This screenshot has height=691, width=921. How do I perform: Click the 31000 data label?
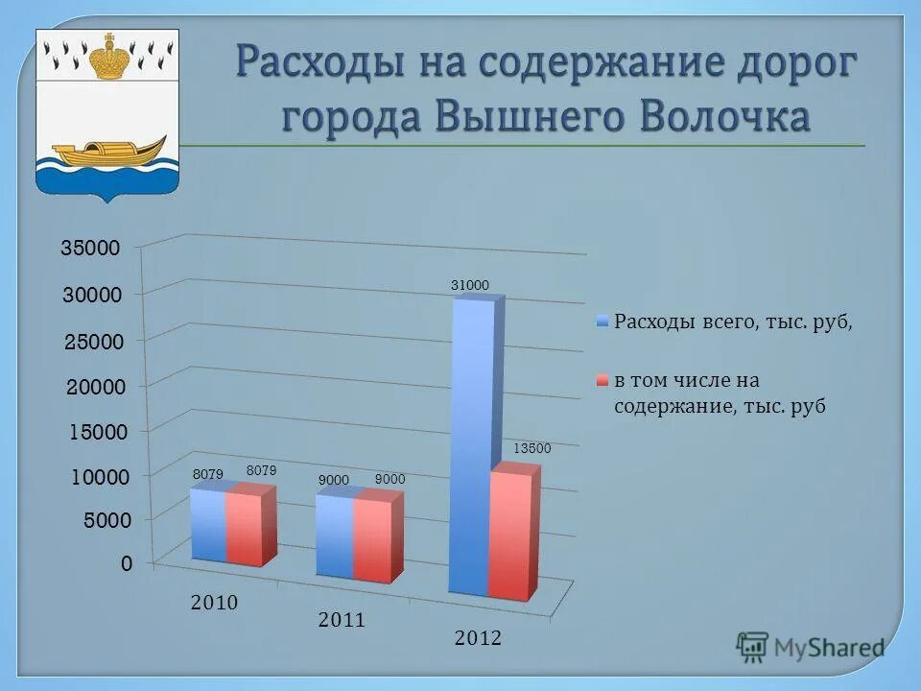(470, 285)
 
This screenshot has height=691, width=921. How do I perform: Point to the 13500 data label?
(532, 448)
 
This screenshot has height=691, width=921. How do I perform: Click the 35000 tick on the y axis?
(91, 249)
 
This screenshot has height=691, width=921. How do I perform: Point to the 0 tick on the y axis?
(127, 564)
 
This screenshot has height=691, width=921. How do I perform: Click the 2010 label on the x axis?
(214, 603)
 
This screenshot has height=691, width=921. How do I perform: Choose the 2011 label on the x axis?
(342, 620)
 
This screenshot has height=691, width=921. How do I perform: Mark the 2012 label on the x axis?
(478, 638)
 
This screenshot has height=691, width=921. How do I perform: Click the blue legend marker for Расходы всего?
(602, 322)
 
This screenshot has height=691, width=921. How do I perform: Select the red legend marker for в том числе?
(602, 381)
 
